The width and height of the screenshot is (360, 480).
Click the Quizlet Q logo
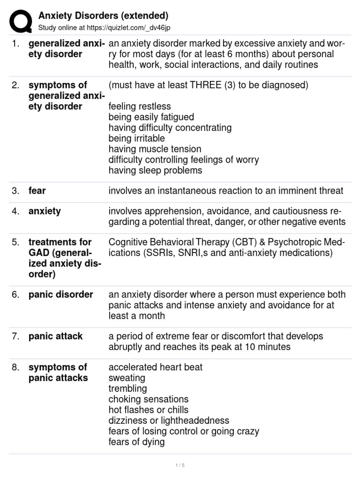[x=21, y=22]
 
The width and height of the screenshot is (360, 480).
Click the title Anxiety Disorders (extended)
[x=103, y=16]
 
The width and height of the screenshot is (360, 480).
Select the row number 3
[x=15, y=191]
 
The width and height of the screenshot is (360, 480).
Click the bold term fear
[x=37, y=191]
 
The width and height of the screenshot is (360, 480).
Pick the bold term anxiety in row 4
[x=45, y=211]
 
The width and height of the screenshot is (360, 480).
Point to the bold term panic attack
[x=55, y=336]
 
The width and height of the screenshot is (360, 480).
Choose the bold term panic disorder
[x=60, y=294]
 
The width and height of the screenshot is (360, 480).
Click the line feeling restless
[x=140, y=106]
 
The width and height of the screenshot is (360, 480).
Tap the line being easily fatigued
[x=151, y=117]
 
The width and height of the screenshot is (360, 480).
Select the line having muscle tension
[x=155, y=149]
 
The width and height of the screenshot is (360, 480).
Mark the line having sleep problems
[x=155, y=171]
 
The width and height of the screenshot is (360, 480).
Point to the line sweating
[x=127, y=378]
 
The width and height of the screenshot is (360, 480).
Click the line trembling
[x=127, y=389]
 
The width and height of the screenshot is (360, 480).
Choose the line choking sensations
[x=148, y=399]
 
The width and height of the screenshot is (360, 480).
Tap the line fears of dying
[x=136, y=442]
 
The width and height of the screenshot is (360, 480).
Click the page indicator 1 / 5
[x=180, y=465]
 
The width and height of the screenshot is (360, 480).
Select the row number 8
[x=15, y=367]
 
